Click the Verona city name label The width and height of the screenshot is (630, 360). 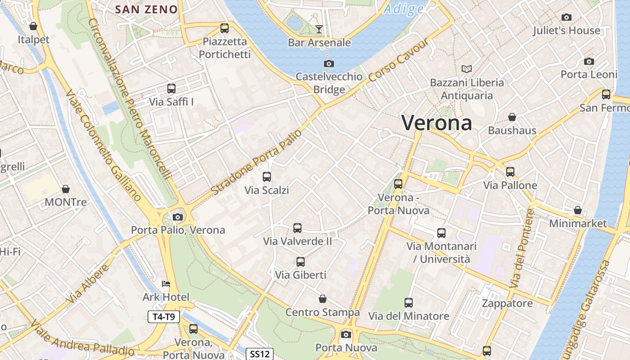click(436, 122)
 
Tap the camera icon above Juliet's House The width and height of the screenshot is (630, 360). click(567, 18)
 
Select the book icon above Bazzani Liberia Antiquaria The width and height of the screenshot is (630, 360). click(467, 69)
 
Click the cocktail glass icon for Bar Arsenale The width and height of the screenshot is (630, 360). click(319, 29)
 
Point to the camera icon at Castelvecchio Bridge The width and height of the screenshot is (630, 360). click(329, 63)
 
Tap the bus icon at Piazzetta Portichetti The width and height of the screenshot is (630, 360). click(225, 28)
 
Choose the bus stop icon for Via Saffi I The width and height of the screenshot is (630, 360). click(171, 89)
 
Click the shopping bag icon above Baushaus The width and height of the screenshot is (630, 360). click(512, 117)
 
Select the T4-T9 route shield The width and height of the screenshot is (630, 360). click(164, 317)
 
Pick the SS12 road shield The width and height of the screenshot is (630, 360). click(260, 354)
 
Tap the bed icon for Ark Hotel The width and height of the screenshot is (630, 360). click(166, 284)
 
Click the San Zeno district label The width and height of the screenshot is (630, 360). click(146, 9)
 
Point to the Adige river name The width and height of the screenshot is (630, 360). click(404, 9)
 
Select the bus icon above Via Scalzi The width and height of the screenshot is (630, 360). click(267, 177)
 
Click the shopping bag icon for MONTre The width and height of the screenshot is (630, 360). click(66, 189)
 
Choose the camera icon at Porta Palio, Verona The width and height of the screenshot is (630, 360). click(178, 217)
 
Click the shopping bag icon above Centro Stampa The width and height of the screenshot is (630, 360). click(323, 299)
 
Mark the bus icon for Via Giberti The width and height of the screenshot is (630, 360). click(300, 261)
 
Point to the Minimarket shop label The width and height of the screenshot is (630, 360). click(578, 223)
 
